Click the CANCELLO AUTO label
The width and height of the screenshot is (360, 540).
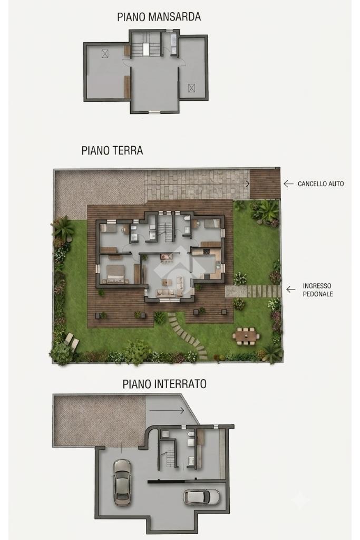pyautogui.click(x=321, y=184)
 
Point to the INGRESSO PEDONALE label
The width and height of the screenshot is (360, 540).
pyautogui.click(x=318, y=290)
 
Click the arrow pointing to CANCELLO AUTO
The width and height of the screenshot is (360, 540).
pyautogui.click(x=288, y=184)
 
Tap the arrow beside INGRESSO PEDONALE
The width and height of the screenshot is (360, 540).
pyautogui.click(x=291, y=290)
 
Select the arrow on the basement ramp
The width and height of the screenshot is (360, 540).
pyautogui.click(x=167, y=410)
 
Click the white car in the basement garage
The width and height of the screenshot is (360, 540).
pyautogui.click(x=201, y=497)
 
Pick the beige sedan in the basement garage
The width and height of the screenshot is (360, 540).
pyautogui.click(x=122, y=482)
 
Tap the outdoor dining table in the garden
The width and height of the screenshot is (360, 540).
pyautogui.click(x=246, y=334)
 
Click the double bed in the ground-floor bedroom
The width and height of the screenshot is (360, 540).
pyautogui.click(x=115, y=274)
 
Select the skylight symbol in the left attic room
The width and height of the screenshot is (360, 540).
pyautogui.click(x=105, y=53)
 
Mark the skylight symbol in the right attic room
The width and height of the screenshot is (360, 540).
pyautogui.click(x=191, y=88)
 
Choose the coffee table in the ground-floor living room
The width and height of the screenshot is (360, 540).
pyautogui.click(x=167, y=283)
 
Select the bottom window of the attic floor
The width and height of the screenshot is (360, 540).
pyautogui.click(x=154, y=112)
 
